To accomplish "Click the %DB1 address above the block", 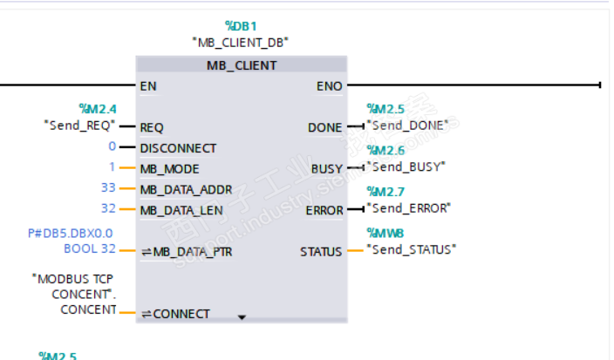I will click(241, 27).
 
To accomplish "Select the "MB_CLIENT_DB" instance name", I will click(241, 42).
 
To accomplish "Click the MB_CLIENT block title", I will click(242, 65).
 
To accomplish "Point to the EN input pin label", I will click(147, 85).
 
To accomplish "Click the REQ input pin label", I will click(152, 127).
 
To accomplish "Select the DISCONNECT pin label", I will click(178, 147).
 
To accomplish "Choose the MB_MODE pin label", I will click(169, 168).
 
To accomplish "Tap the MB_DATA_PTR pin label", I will click(184, 252).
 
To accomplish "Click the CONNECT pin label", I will click(181, 314).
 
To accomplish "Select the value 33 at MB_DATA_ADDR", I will click(108, 188).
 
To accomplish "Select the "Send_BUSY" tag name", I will click(406, 166).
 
